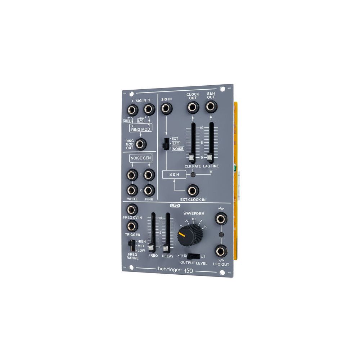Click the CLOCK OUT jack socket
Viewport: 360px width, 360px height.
pyautogui.click(x=193, y=107)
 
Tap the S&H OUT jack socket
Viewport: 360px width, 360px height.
pyautogui.click(x=211, y=106)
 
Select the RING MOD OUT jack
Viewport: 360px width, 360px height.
pyautogui.click(x=140, y=144)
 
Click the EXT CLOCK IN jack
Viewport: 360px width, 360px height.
pyautogui.click(x=193, y=190)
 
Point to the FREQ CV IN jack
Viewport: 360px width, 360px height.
pyautogui.click(x=132, y=210)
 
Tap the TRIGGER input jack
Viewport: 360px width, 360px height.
pyautogui.click(x=132, y=226)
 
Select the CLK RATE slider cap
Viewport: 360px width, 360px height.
pyautogui.click(x=191, y=158)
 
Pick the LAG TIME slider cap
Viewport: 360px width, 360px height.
pyautogui.click(x=210, y=157)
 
